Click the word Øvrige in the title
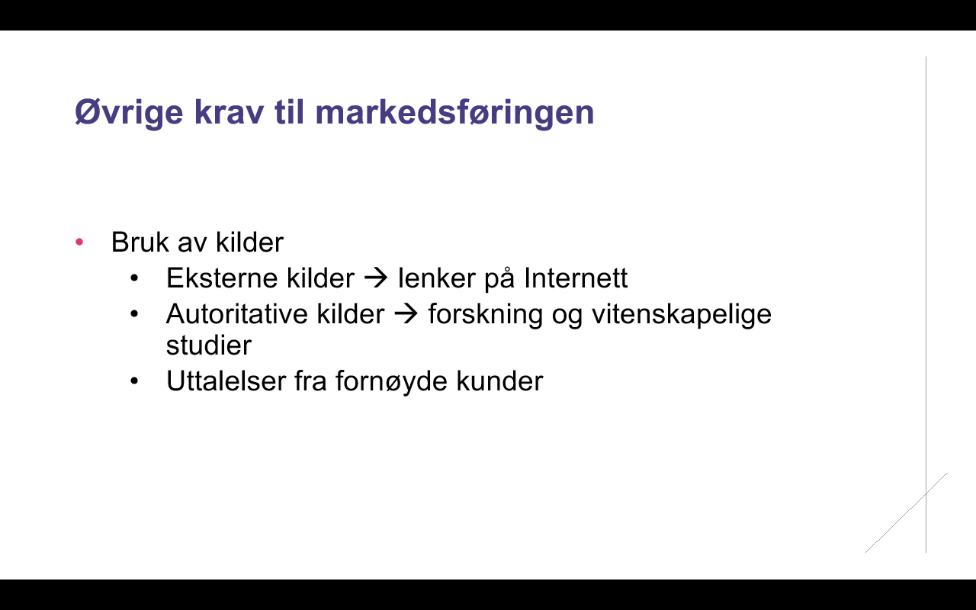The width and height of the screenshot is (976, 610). pyautogui.click(x=129, y=113)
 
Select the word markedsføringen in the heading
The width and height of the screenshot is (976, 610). pyautogui.click(x=454, y=112)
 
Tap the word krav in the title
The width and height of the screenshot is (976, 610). pyautogui.click(x=229, y=112)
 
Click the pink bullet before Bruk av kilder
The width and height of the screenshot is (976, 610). pyautogui.click(x=79, y=242)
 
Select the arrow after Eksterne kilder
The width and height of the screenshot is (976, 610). pyautogui.click(x=376, y=278)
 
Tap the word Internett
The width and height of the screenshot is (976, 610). pyautogui.click(x=576, y=278)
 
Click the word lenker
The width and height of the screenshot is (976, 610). pyautogui.click(x=437, y=278)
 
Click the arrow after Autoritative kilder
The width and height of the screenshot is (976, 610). pyautogui.click(x=406, y=313)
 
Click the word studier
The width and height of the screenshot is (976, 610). pyautogui.click(x=209, y=345)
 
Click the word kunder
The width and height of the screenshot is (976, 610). pyautogui.click(x=499, y=381)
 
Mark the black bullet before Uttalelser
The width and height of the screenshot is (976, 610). pyautogui.click(x=134, y=381)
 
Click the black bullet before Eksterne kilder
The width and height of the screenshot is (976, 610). pyautogui.click(x=134, y=278)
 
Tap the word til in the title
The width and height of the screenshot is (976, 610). pyautogui.click(x=289, y=112)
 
